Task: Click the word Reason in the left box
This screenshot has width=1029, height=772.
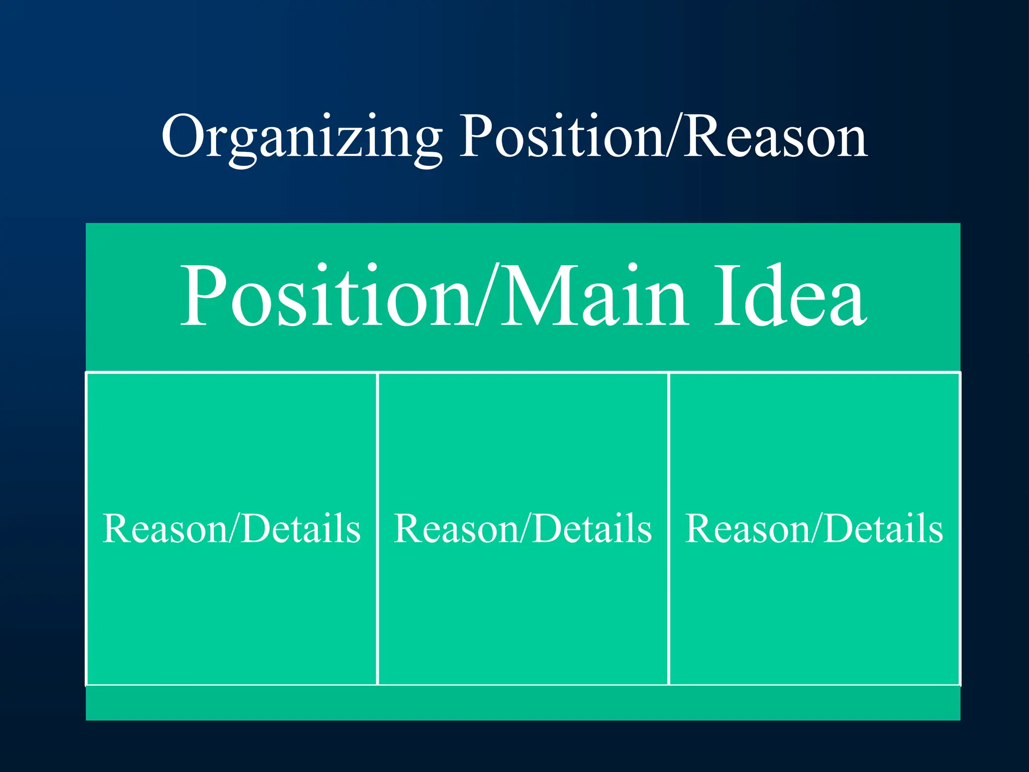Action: coord(165,529)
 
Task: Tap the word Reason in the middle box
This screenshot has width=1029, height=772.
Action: coord(456,529)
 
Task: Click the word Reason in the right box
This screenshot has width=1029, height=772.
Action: coord(748,529)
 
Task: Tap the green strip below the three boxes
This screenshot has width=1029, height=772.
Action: coord(523,703)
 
